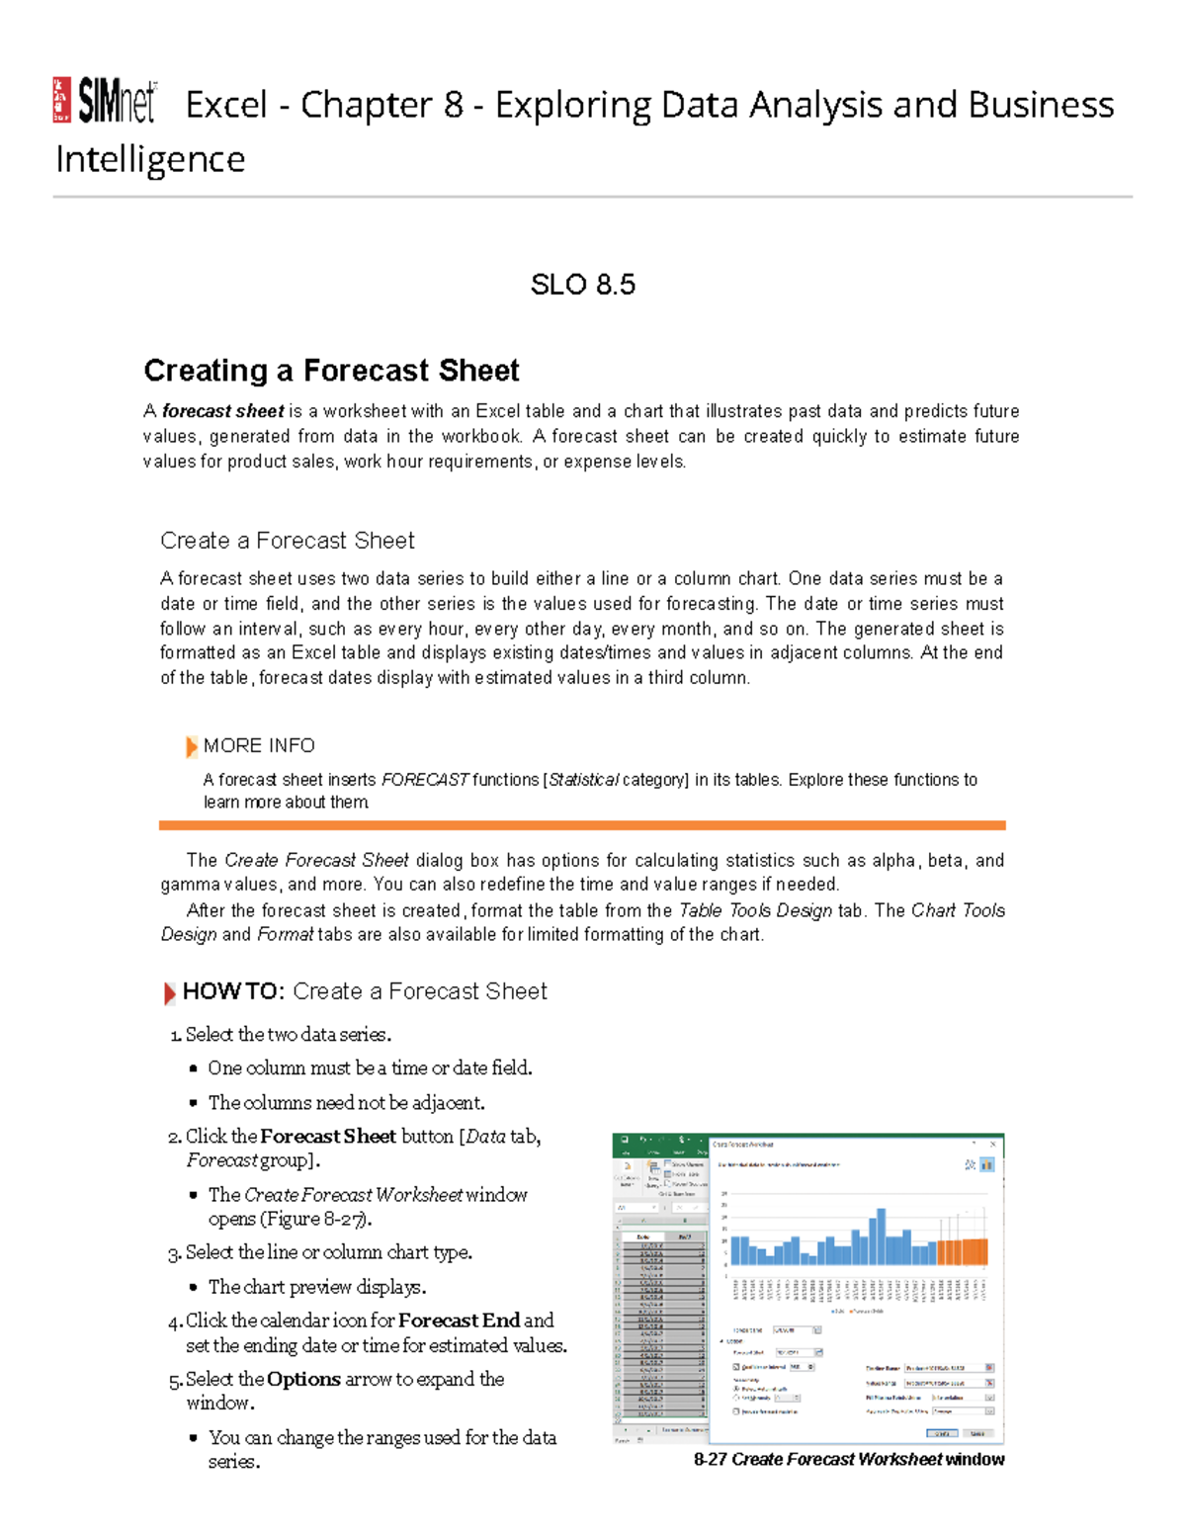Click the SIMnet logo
(105, 101)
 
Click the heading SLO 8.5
(582, 285)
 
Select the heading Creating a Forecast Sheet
(331, 371)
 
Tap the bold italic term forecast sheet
(223, 411)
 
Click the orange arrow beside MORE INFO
(191, 746)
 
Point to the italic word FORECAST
(425, 780)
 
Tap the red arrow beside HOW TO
(170, 992)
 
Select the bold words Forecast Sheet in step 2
(328, 1137)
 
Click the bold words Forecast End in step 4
(459, 1321)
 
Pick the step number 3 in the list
(174, 1253)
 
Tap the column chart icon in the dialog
(986, 1165)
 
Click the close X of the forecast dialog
(993, 1144)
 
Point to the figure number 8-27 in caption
(711, 1459)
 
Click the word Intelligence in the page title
(150, 159)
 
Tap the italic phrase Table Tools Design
(755, 910)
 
